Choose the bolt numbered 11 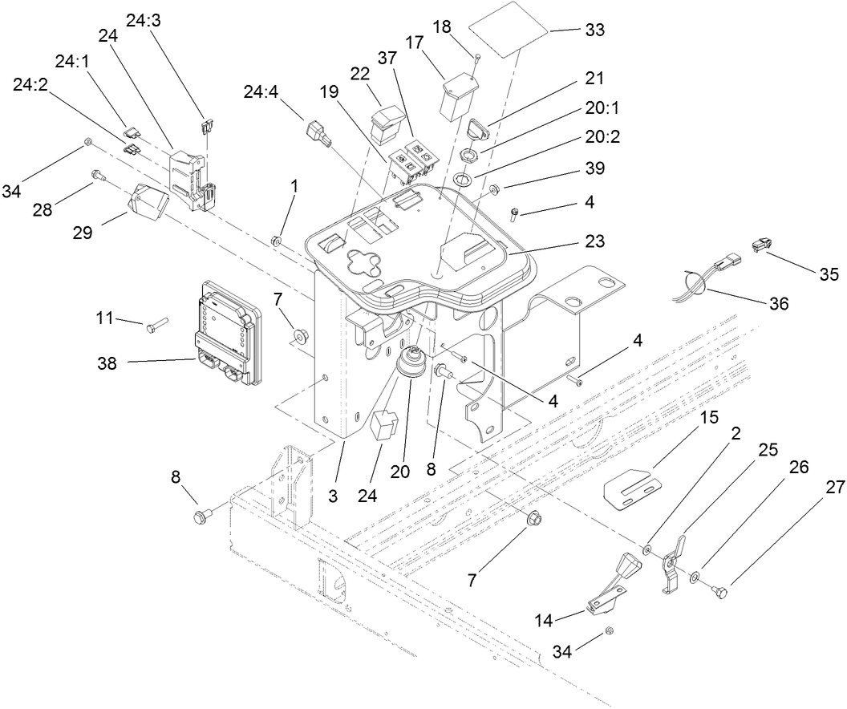tap(156, 325)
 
